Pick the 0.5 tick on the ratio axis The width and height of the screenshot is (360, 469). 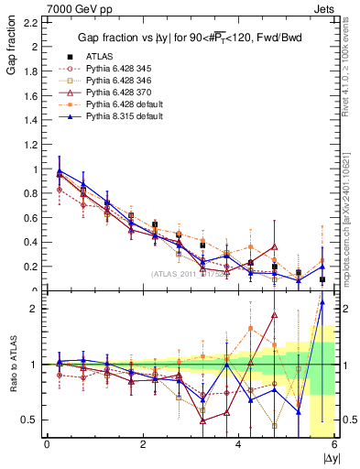tap(27, 420)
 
